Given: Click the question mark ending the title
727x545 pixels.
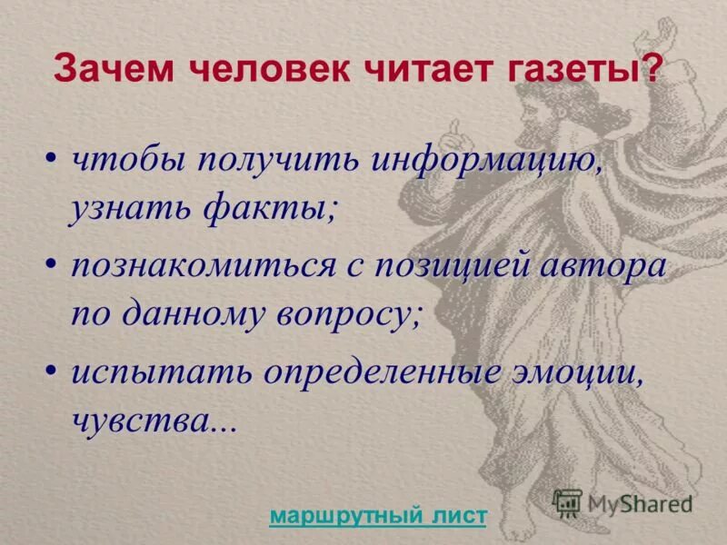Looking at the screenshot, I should (x=652, y=71).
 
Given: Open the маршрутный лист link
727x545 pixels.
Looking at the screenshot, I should (x=378, y=517).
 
